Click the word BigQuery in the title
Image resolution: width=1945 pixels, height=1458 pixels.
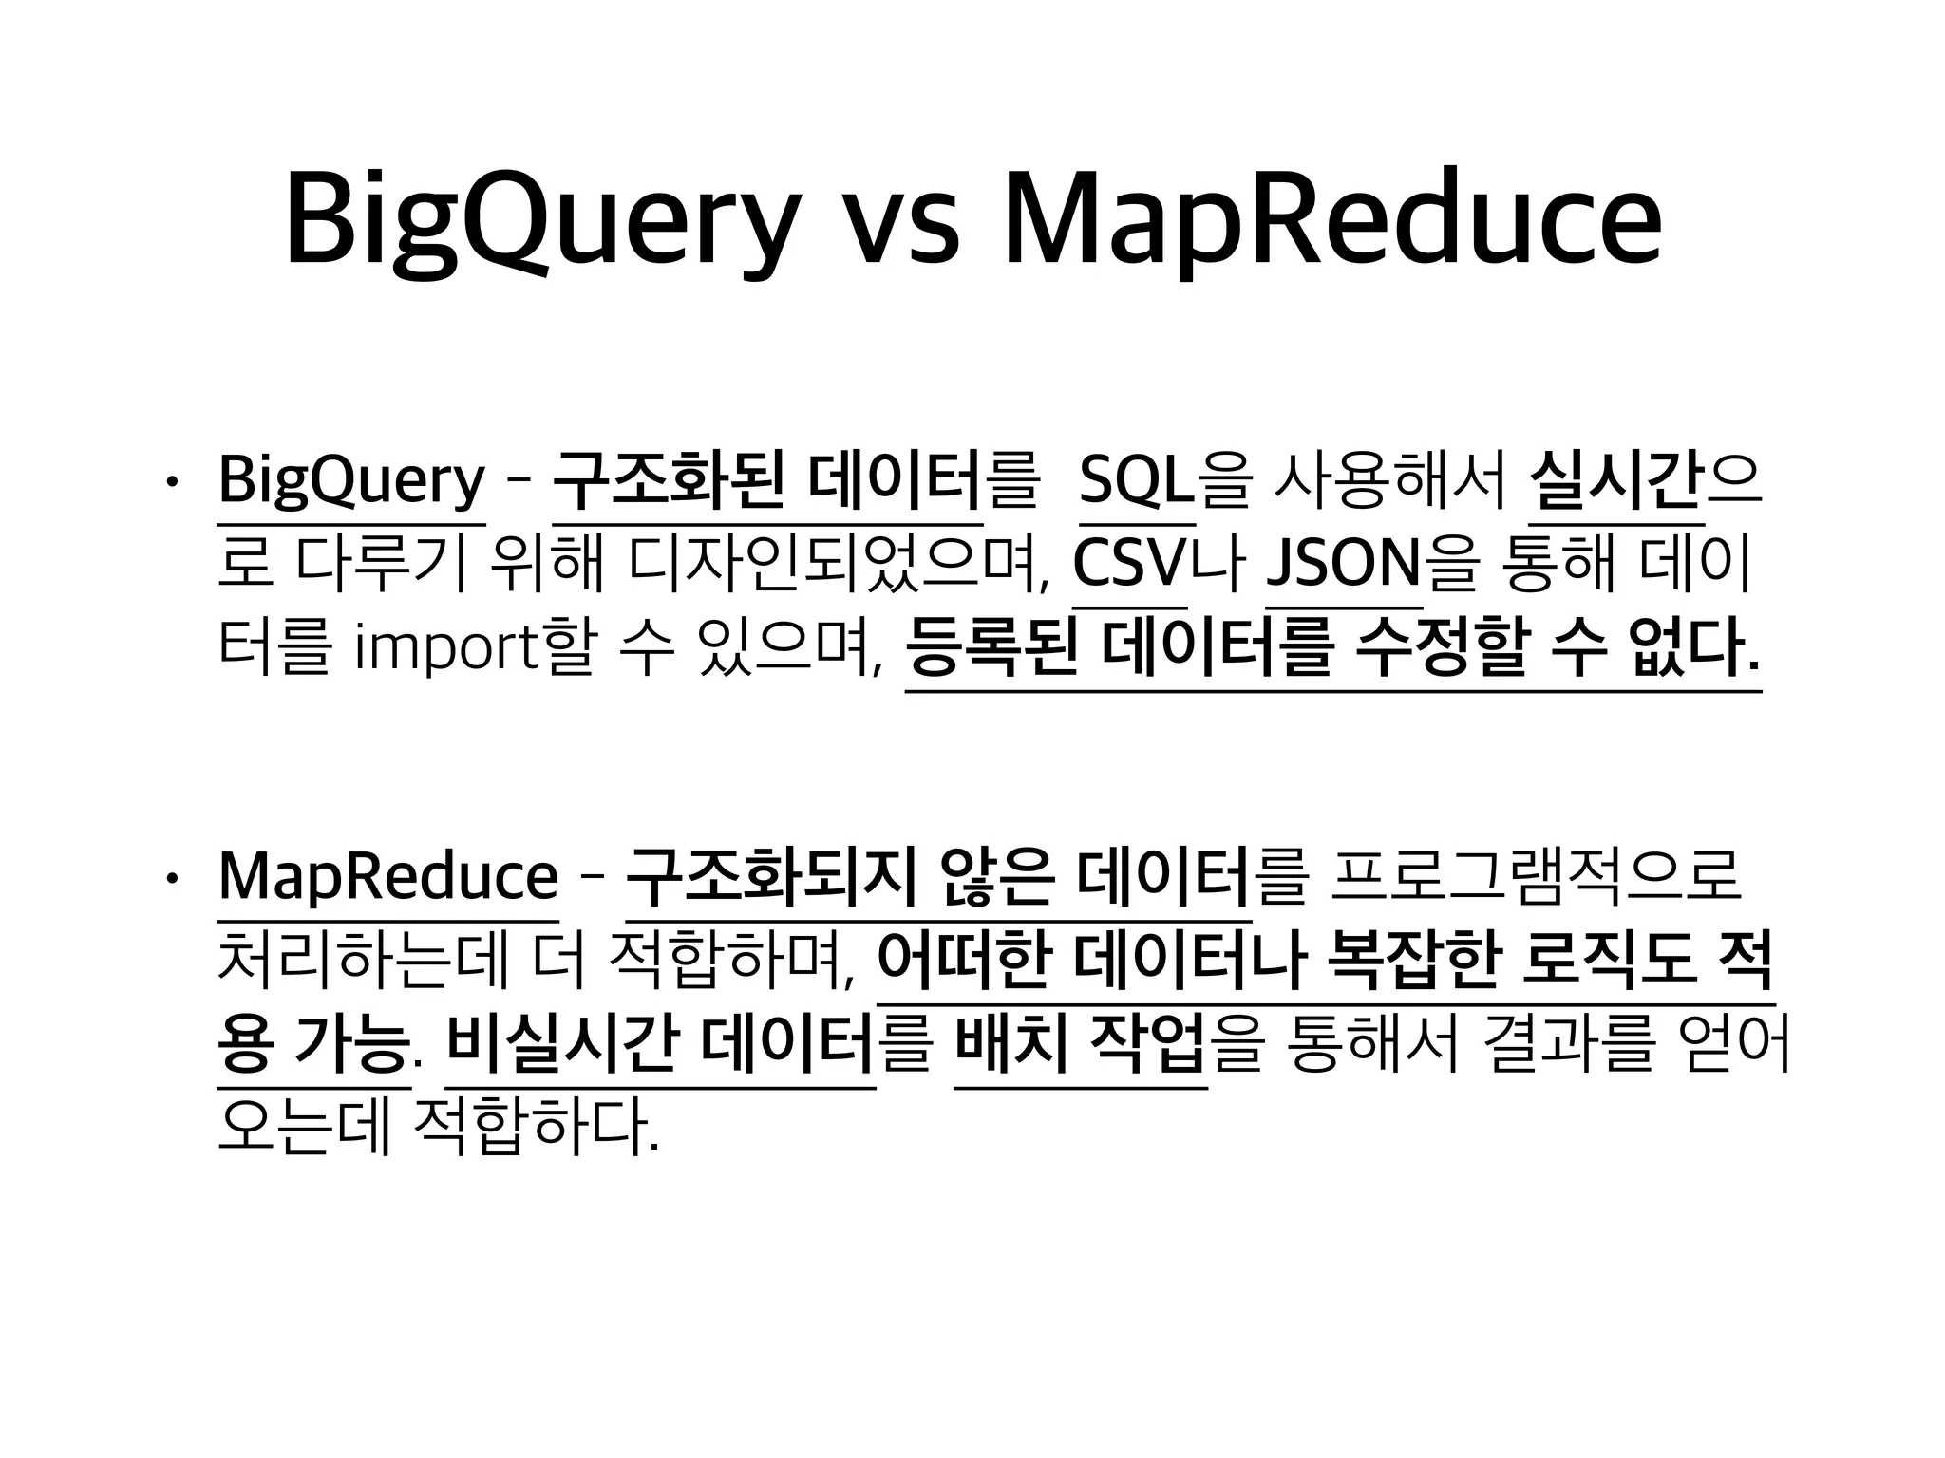[x=541, y=220]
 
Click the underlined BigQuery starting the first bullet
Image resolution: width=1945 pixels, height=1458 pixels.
[x=351, y=482]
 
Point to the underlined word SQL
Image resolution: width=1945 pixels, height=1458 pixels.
[x=1137, y=482]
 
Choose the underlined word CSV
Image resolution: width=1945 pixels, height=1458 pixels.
[x=1130, y=565]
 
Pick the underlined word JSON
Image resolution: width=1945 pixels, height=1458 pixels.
[x=1344, y=565]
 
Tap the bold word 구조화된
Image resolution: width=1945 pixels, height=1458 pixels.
[x=669, y=482]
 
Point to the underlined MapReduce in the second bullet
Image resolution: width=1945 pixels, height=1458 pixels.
[x=387, y=878]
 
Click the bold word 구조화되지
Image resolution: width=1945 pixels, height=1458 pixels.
[x=771, y=878]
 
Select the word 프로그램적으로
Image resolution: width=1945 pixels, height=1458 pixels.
[x=1536, y=878]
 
